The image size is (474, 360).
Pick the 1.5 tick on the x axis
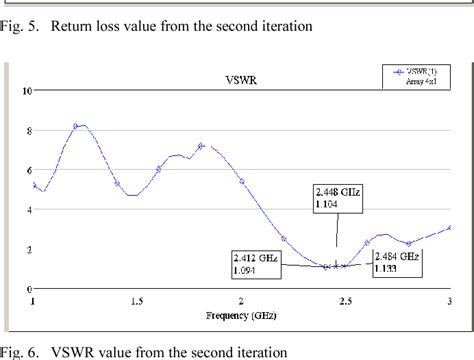pyautogui.click(x=137, y=300)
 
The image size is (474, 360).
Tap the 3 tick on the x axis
pyautogui.click(x=449, y=300)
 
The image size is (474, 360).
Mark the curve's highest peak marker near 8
pyautogui.click(x=76, y=126)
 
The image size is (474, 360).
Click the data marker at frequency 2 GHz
pyautogui.click(x=242, y=181)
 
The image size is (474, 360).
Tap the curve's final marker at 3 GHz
pyautogui.click(x=450, y=227)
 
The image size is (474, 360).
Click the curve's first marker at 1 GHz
pyautogui.click(x=35, y=185)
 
